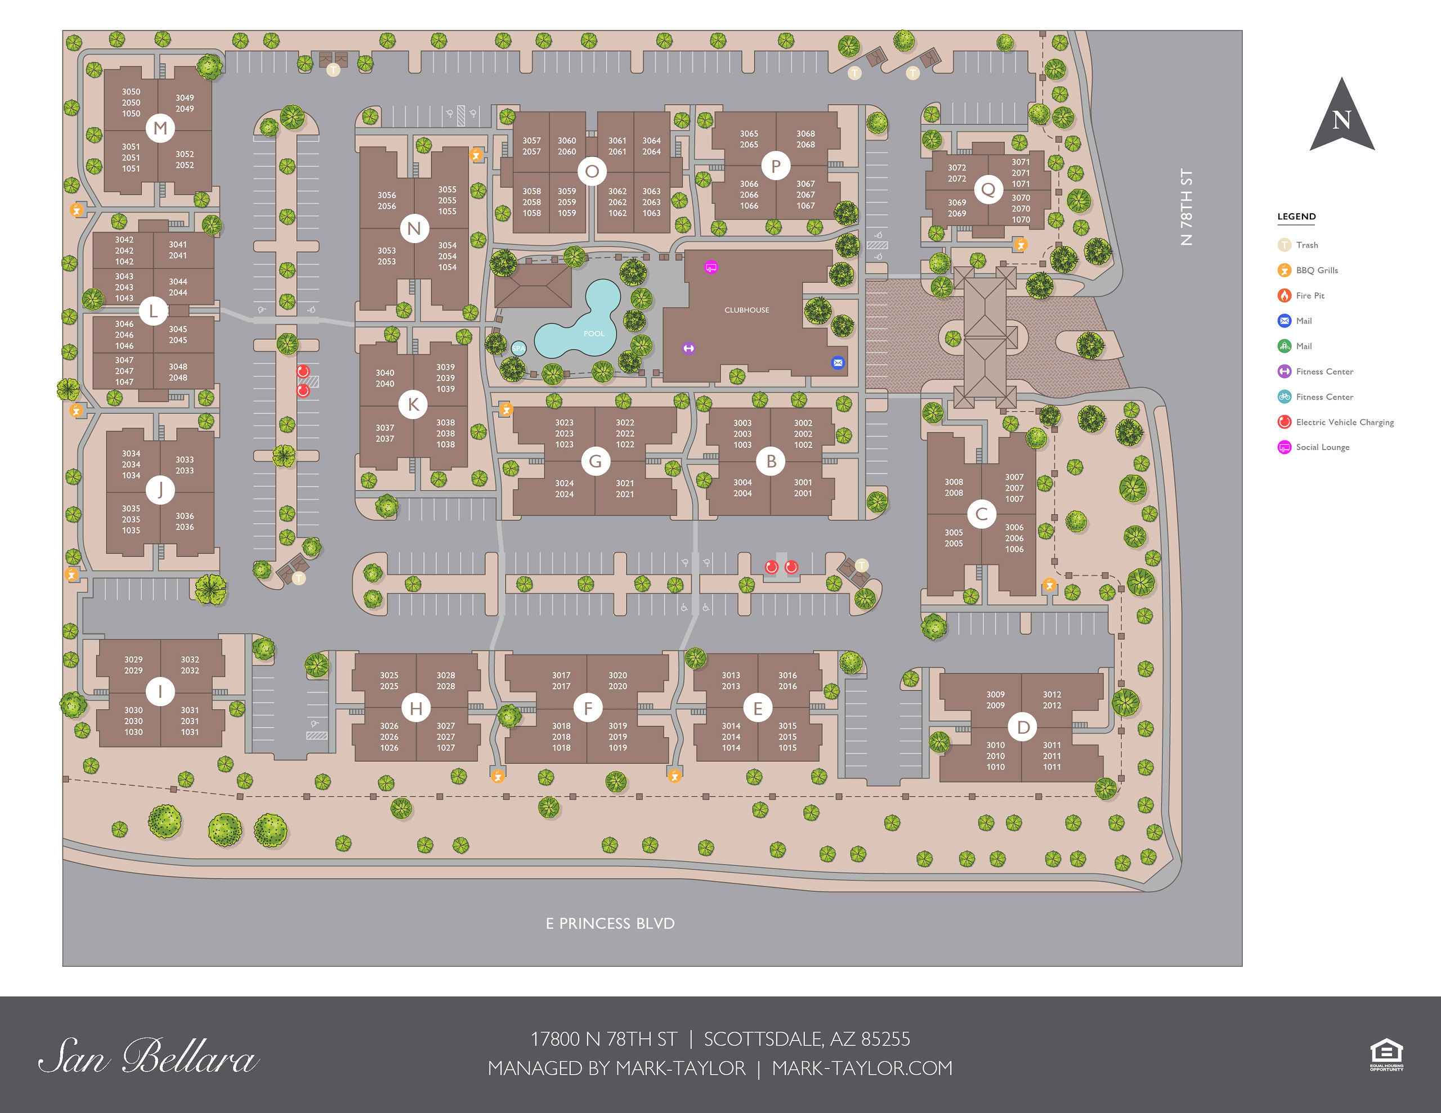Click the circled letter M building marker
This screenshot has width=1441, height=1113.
point(160,128)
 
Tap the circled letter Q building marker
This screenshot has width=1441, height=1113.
point(988,190)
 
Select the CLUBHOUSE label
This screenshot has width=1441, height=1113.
point(746,310)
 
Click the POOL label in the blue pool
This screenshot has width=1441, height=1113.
point(594,333)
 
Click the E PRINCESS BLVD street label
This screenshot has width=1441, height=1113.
point(610,923)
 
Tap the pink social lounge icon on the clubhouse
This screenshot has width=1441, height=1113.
point(710,267)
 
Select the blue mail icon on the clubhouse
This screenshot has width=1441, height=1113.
point(837,362)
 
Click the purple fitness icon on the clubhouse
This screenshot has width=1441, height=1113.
point(688,348)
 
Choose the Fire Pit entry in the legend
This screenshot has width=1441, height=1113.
point(1309,295)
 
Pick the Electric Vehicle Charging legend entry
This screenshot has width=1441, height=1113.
point(1344,422)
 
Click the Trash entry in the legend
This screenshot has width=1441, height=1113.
point(1306,245)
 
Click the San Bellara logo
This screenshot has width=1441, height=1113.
point(148,1056)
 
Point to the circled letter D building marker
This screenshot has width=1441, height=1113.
point(1023,727)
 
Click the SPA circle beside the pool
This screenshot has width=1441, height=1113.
point(518,348)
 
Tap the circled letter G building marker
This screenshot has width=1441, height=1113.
point(595,461)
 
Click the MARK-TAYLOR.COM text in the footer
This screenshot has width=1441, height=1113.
point(862,1068)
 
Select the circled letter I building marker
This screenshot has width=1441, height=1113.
point(160,692)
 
